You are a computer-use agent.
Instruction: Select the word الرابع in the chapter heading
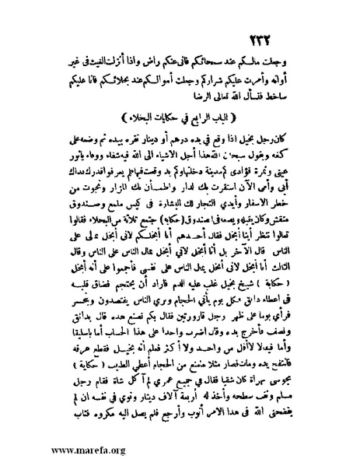point(204,118)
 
